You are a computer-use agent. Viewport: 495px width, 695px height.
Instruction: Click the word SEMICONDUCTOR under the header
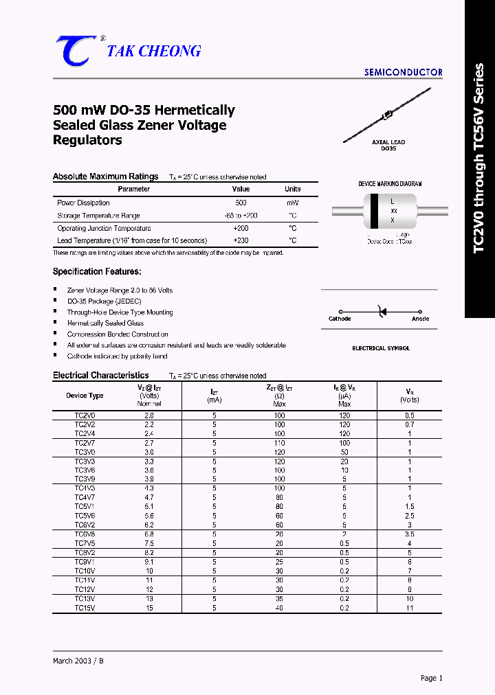(403, 72)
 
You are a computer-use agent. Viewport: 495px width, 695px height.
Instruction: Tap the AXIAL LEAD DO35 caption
(388, 146)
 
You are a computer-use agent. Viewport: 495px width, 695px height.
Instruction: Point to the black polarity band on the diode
(374, 211)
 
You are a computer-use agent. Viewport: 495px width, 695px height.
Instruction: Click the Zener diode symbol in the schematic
(380, 312)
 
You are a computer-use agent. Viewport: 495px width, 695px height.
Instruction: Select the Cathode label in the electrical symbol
(340, 319)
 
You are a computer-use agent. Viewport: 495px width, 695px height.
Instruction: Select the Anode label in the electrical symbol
(420, 319)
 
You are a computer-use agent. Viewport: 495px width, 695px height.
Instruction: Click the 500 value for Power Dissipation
(241, 203)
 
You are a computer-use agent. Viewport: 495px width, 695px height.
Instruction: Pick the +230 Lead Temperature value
(241, 240)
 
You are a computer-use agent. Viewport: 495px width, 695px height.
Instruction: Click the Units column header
(293, 189)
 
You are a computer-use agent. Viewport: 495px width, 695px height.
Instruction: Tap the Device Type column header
(85, 396)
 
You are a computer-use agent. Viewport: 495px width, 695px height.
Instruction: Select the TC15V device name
(85, 608)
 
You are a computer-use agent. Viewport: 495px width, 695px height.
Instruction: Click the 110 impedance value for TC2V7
(279, 444)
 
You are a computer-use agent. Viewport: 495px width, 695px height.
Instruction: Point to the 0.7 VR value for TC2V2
(409, 425)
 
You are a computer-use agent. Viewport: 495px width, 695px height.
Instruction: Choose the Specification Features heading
(97, 272)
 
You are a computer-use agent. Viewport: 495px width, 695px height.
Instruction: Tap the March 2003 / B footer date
(78, 661)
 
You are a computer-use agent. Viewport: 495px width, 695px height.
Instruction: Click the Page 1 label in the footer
(431, 678)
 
